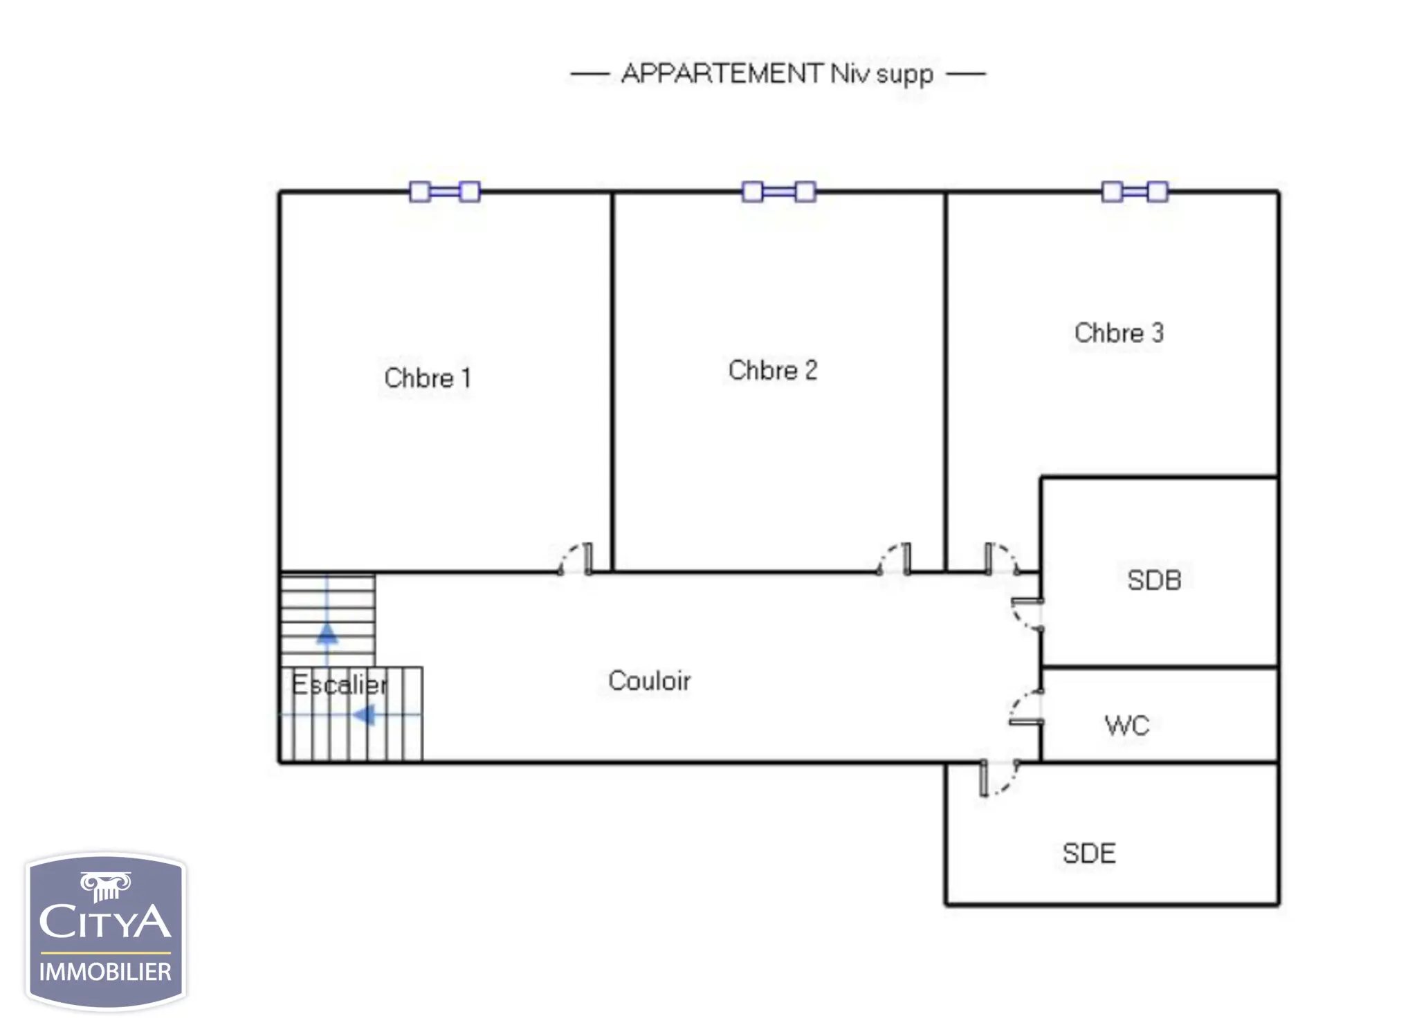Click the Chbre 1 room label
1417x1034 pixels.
(x=428, y=378)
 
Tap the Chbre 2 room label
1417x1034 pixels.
(x=773, y=371)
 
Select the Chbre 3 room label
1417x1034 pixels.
(x=1119, y=333)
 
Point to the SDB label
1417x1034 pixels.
(x=1154, y=580)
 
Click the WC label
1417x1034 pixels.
(x=1127, y=726)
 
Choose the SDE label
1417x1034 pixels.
(x=1089, y=853)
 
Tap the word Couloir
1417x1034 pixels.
(x=649, y=681)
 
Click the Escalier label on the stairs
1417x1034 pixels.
(x=339, y=685)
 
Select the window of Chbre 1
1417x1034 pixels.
(x=445, y=192)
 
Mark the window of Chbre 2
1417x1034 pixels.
(x=779, y=192)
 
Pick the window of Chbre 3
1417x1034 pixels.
(x=1135, y=192)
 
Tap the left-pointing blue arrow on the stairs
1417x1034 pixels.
(x=364, y=714)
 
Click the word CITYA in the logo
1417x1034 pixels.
(x=105, y=922)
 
